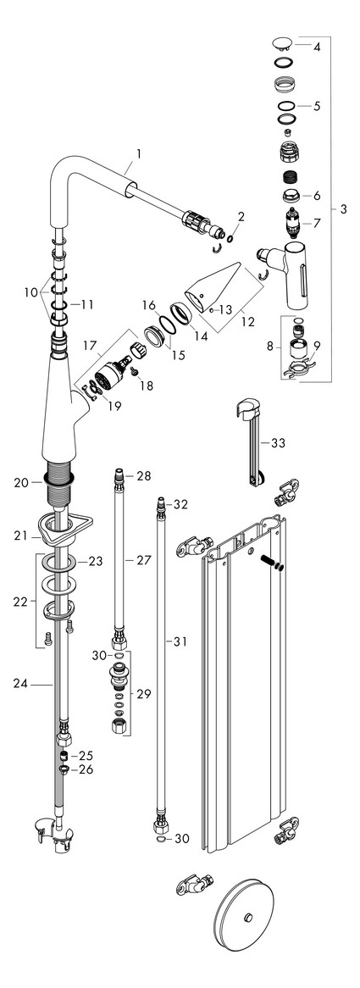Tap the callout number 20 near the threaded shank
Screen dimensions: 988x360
tap(20, 483)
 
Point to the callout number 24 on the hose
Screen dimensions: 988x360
tap(20, 680)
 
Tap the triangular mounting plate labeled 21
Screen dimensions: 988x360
tap(60, 530)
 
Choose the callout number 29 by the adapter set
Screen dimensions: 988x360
tap(144, 694)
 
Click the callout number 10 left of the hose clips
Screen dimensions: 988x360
tap(31, 292)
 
